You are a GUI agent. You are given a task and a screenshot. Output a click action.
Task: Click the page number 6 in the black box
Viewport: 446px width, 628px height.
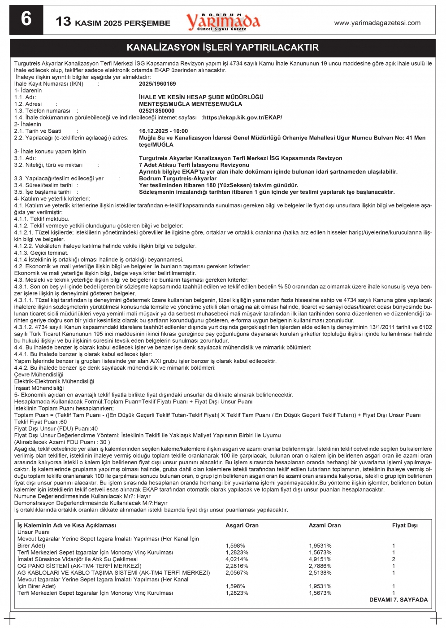(26, 20)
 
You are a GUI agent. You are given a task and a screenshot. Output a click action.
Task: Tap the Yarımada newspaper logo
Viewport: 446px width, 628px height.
(223, 21)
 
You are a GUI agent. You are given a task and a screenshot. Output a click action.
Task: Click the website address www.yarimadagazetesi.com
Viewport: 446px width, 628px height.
(377, 23)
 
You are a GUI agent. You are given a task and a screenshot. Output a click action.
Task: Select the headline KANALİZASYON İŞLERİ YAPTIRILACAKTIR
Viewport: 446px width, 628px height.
(223, 48)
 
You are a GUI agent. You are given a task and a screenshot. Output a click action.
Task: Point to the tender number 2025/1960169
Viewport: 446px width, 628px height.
(157, 84)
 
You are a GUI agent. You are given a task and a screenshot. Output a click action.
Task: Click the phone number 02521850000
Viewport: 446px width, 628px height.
(156, 111)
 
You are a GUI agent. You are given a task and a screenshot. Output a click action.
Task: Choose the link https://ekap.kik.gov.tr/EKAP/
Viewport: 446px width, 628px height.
(242, 118)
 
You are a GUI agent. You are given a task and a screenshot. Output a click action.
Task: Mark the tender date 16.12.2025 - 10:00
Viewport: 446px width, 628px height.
(164, 131)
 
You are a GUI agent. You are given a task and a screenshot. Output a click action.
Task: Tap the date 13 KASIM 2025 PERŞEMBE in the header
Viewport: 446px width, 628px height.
(113, 22)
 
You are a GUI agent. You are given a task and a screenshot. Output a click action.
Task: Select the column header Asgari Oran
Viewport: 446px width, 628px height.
(242, 525)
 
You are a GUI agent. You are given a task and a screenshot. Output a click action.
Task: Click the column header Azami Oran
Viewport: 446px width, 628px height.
(325, 525)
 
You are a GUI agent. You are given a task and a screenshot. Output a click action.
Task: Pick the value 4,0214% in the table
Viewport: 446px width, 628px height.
(237, 559)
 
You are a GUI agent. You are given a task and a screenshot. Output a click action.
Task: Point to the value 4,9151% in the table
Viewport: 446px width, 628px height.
(320, 559)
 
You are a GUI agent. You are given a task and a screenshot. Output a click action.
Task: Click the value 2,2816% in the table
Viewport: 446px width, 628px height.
(237, 566)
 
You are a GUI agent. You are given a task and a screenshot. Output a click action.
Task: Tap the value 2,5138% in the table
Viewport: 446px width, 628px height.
(320, 573)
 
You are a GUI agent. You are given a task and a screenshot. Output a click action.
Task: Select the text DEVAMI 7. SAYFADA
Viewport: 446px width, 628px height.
(398, 600)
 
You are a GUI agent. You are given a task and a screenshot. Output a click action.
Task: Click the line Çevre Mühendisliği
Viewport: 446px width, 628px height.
(39, 375)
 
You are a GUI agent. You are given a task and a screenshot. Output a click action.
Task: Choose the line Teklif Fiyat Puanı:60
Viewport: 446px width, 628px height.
(40, 422)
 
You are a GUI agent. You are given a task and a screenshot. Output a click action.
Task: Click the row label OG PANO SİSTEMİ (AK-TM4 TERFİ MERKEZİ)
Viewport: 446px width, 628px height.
(79, 566)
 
